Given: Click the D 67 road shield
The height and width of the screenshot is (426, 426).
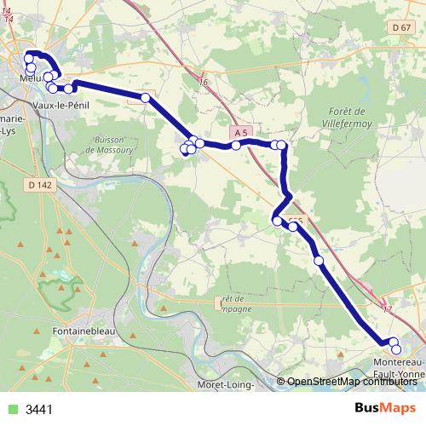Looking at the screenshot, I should point(403,28).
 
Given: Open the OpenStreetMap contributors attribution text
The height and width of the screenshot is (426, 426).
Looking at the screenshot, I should point(348,382).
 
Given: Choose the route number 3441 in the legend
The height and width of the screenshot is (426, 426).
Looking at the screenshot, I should point(40,409).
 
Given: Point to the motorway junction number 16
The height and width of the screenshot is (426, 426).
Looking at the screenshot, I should point(203,82).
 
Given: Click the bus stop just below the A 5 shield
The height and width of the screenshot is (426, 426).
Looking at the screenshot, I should point(236,146).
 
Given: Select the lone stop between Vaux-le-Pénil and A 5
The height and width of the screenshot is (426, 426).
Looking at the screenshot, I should point(146,98).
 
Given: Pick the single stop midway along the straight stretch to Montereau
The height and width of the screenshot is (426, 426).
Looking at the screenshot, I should point(319,260).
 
